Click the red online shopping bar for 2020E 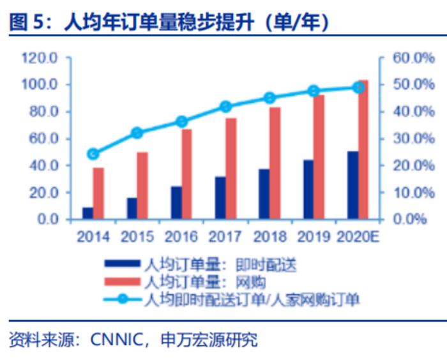(x=363, y=150)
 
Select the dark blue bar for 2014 (x=87, y=213)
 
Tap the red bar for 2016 (x=186, y=174)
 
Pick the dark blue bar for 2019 (x=308, y=190)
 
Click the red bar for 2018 (x=275, y=163)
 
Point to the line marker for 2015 (x=137, y=133)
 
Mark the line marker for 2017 (x=225, y=107)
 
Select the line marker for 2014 (x=93, y=153)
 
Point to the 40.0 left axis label (x=42, y=165)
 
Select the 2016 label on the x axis (x=181, y=237)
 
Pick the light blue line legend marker (x=122, y=298)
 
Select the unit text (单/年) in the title (x=290, y=23)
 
